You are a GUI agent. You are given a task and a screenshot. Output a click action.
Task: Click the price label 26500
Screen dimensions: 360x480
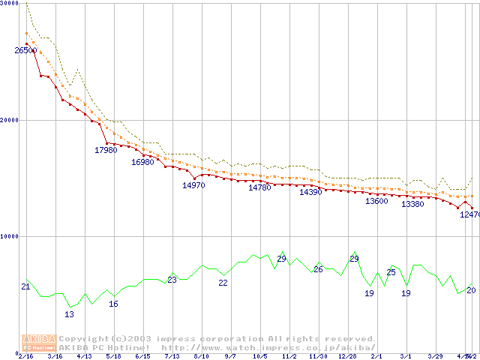[x=25, y=50]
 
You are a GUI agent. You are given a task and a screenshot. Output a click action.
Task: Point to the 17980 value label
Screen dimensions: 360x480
[x=106, y=150]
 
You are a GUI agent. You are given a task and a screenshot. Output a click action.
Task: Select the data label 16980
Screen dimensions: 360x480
[x=142, y=162]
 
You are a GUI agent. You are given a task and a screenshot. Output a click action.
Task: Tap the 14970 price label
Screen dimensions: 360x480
[x=193, y=185]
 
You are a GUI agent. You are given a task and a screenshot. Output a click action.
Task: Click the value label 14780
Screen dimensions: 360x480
[x=259, y=187]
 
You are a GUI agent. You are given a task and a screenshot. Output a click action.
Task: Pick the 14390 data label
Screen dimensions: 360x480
[x=310, y=193]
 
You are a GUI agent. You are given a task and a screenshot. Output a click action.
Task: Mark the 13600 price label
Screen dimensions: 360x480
[x=376, y=201]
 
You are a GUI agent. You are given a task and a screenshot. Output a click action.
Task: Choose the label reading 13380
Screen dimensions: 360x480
[x=412, y=204]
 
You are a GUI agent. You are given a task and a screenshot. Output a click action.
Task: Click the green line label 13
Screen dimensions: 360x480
[x=69, y=314]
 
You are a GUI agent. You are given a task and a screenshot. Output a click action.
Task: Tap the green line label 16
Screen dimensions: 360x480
[x=113, y=304]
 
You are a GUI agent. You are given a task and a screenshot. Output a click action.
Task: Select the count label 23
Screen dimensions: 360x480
[x=172, y=280]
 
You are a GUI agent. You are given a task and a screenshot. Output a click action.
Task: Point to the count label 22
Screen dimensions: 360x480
[x=223, y=283]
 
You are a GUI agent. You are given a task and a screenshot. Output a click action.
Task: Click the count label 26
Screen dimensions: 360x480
[x=318, y=269]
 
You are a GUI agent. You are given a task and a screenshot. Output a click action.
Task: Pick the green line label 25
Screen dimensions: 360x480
[x=391, y=272]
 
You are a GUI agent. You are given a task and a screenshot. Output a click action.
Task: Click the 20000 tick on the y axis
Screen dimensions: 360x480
[x=9, y=120]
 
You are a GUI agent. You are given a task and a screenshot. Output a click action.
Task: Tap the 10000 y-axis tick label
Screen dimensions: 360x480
[x=9, y=236]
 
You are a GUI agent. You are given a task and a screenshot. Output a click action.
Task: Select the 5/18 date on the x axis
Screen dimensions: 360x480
[x=113, y=356]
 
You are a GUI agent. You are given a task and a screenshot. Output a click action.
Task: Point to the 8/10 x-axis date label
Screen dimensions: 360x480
[x=200, y=356]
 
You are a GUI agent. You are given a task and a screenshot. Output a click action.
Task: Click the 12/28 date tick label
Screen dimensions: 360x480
[x=347, y=356]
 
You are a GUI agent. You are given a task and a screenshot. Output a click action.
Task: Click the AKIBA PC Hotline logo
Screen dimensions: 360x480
[x=38, y=343]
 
